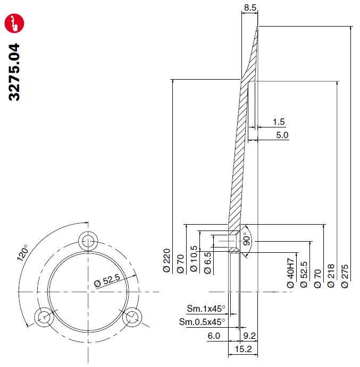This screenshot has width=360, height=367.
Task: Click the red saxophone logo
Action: tap(14, 23)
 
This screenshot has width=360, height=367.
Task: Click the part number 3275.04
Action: tap(14, 72)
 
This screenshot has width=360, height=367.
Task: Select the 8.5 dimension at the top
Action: tap(250, 7)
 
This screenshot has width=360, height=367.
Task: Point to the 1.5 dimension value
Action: tap(279, 122)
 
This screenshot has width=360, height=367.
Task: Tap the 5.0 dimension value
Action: tap(282, 135)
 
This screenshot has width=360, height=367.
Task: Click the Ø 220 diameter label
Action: tap(166, 260)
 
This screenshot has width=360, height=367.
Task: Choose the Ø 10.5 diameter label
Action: tap(194, 259)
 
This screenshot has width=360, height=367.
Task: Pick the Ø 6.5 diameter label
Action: tap(208, 263)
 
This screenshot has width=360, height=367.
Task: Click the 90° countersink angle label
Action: tap(247, 239)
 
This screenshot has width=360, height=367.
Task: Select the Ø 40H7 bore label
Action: tap(290, 273)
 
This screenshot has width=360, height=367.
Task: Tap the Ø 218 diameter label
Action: tap(331, 276)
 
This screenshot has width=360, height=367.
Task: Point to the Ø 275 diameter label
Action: tap(345, 276)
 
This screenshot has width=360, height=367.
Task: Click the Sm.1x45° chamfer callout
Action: tap(206, 309)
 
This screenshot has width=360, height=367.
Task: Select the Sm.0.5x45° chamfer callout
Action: tap(202, 322)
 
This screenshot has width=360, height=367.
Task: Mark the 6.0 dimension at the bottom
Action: tap(214, 336)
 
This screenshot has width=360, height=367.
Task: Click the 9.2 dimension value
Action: tap(249, 336)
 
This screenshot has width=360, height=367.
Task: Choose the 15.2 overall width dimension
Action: tap(244, 349)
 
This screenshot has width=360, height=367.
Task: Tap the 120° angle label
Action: tap(22, 253)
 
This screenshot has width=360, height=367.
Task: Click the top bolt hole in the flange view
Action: tap(88, 241)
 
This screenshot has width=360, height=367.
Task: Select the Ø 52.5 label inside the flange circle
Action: tap(107, 280)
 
